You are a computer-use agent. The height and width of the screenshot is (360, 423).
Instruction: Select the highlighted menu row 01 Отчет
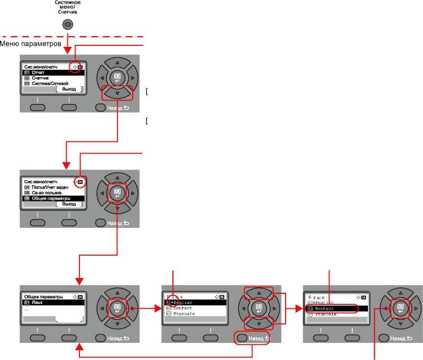coord(53,73)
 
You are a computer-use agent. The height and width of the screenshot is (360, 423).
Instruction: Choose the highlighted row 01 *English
coord(195,302)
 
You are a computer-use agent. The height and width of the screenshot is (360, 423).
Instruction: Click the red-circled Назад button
coord(251,338)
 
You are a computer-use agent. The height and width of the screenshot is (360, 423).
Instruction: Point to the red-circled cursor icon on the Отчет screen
coord(74,67)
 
